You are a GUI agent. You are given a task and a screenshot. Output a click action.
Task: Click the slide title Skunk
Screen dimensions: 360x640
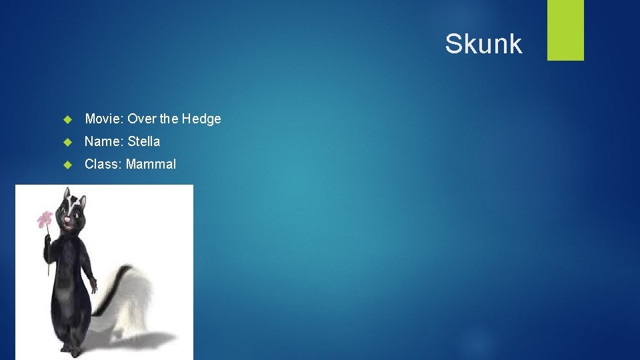[483, 44]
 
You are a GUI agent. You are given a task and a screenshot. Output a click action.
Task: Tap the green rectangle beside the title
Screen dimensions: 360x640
[565, 30]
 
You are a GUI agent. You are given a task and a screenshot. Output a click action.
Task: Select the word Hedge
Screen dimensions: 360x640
[201, 119]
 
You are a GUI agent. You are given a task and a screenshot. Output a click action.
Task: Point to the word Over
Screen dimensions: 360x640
[141, 119]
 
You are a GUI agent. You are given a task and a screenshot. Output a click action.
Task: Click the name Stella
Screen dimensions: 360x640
[143, 141]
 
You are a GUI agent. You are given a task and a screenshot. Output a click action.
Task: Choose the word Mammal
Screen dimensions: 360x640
[151, 164]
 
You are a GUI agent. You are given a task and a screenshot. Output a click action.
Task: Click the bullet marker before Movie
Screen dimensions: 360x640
[67, 119]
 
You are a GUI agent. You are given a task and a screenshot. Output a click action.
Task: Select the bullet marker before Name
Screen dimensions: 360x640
[67, 142]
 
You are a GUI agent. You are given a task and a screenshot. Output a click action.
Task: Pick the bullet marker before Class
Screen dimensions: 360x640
[67, 165]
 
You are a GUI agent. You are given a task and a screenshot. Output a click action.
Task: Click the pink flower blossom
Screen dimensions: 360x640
[45, 219]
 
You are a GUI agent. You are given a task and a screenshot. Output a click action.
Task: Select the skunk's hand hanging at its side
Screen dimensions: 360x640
[94, 285]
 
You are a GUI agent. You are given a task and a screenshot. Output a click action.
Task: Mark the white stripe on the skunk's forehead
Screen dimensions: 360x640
[67, 199]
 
